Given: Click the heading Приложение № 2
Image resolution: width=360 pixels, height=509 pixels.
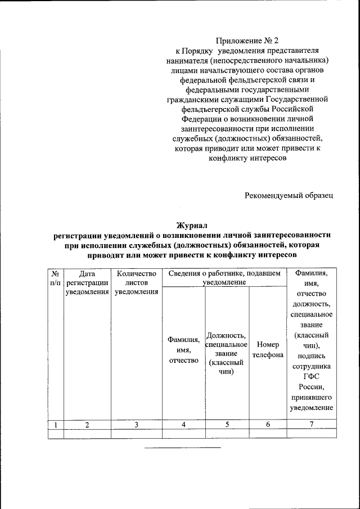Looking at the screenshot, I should (247, 40).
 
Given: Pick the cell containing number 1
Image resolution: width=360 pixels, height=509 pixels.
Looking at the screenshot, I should (55, 425).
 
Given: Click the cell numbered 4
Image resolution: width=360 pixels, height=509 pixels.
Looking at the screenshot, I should (184, 425).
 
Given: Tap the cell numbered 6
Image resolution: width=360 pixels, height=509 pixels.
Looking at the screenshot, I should (268, 425).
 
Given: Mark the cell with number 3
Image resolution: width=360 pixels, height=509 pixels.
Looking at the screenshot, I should (136, 425).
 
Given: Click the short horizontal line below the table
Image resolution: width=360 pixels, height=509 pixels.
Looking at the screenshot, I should (183, 448).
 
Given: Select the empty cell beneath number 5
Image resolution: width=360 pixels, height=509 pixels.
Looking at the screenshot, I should (227, 433).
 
